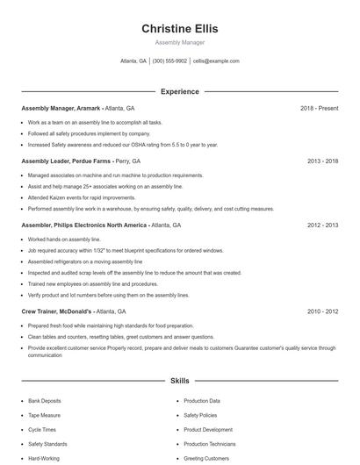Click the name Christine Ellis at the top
(179, 28)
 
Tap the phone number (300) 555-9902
(169, 61)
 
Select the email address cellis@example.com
(216, 61)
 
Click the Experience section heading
(179, 91)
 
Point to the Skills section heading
(179, 382)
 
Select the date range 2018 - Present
(319, 108)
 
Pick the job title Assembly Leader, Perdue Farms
(64, 161)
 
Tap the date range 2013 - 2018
(322, 161)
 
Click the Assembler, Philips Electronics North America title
(84, 225)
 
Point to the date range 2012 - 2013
(322, 225)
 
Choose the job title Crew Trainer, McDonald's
(57, 311)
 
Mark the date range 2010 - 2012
(322, 311)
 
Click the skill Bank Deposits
(46, 401)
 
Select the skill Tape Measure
(45, 416)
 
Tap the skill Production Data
(202, 401)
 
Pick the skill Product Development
(208, 430)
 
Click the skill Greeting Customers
(206, 459)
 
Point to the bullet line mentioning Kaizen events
(76, 198)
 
